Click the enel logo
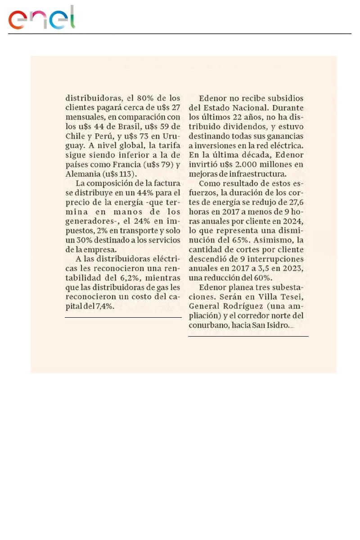point(41,18)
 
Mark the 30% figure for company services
point(81,240)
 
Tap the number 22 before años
point(241,117)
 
